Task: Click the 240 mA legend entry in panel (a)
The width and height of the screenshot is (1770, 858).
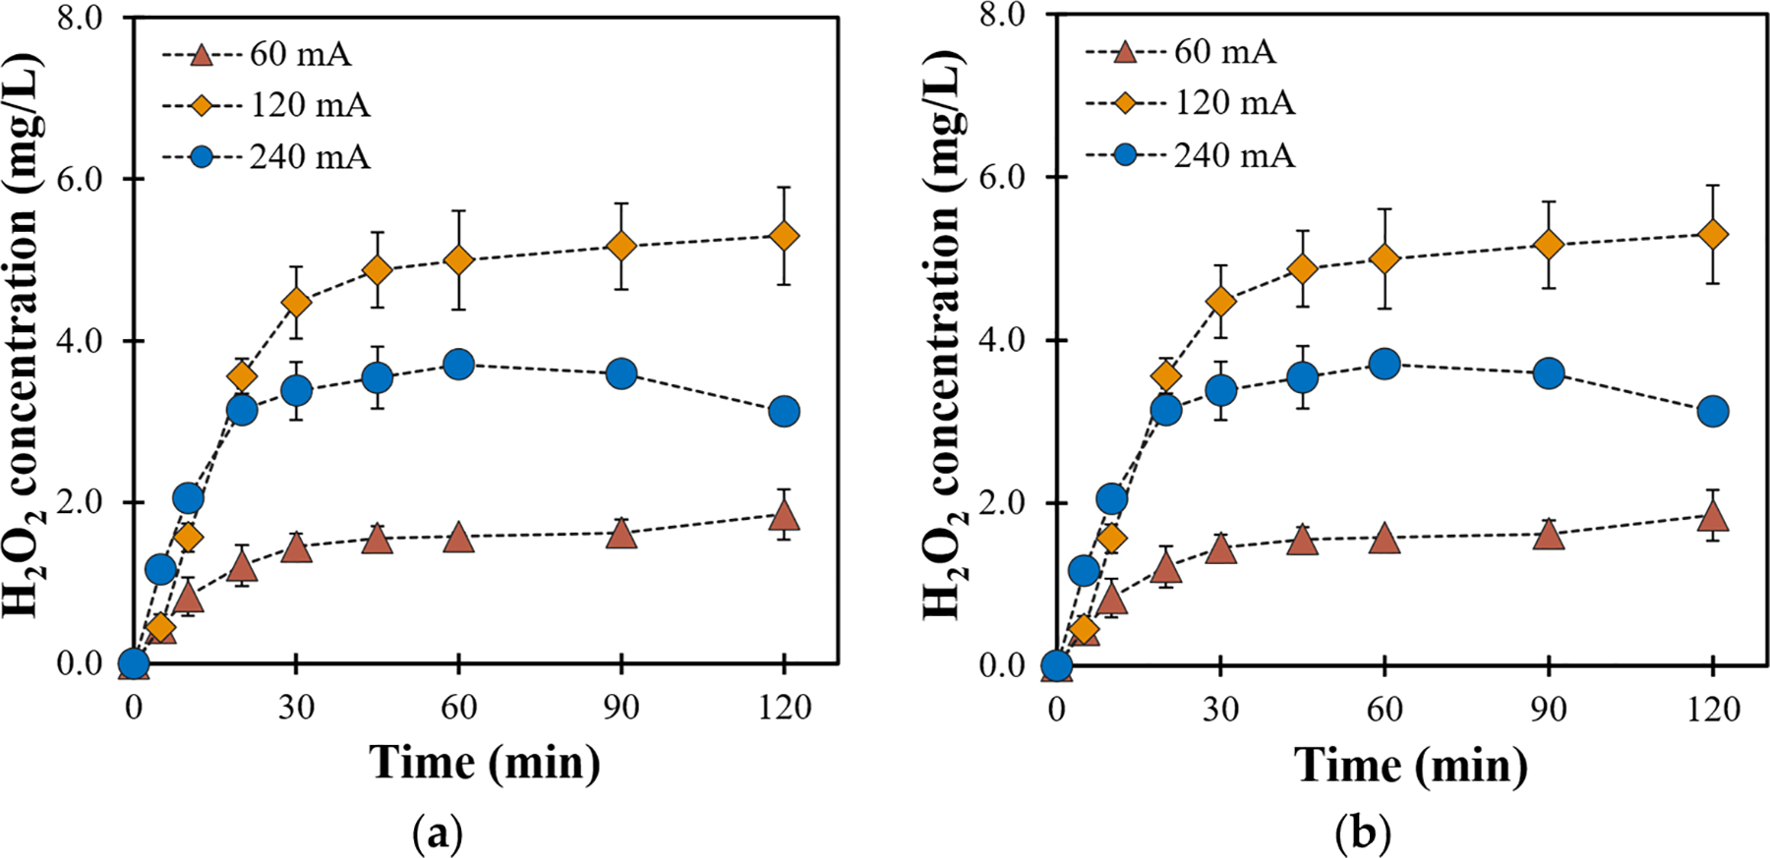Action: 266,157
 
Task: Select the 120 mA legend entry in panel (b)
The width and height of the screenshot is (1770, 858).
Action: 1191,103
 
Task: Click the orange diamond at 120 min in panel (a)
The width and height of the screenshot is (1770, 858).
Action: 784,236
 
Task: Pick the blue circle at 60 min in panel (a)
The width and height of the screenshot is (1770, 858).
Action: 458,365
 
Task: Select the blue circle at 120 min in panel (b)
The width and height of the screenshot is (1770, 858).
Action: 1713,412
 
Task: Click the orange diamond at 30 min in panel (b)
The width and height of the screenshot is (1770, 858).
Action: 1220,302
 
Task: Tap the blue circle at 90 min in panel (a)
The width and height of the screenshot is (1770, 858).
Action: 621,373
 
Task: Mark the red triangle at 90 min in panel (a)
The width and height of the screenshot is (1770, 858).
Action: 621,535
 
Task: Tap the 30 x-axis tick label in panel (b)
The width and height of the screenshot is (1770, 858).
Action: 1220,709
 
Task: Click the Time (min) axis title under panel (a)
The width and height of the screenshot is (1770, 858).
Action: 485,763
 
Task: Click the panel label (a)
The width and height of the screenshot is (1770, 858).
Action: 437,834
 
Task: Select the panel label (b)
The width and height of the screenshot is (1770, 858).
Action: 1363,834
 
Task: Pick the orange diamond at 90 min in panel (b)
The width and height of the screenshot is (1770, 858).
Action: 1549,245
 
